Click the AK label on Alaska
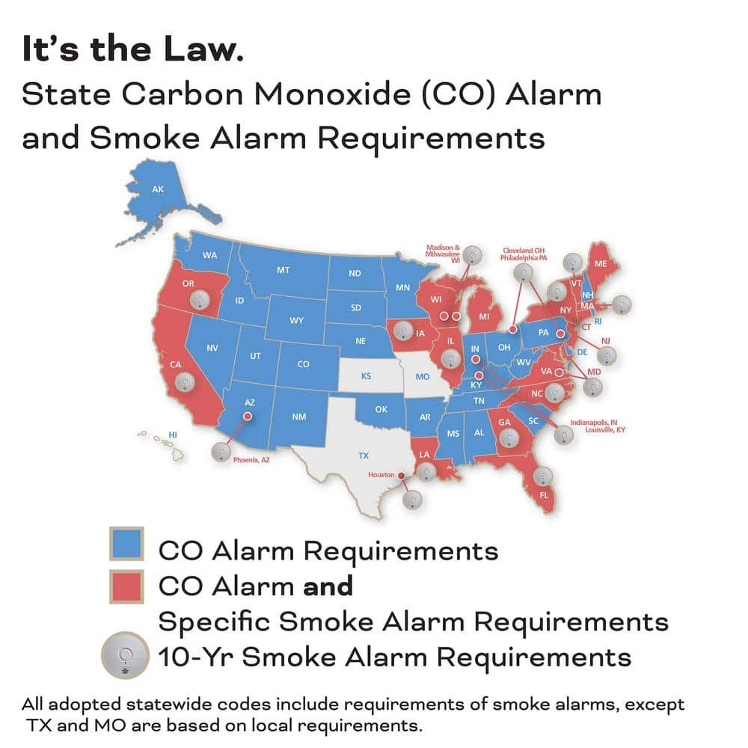pos(158,189)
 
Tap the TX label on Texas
pos(364,455)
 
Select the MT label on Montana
pos(283,269)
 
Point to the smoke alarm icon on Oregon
pos(199,300)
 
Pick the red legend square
pos(128,586)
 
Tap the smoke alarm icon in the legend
pos(124,657)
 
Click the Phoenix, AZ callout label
pos(251,460)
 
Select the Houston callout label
pos(381,475)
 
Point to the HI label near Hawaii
pos(172,435)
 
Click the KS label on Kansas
pos(366,375)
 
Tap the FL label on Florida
pos(544,494)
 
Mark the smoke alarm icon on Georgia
pos(509,438)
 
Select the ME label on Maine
pos(601,263)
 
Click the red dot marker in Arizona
pos(248,417)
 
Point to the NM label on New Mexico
pos(298,416)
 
